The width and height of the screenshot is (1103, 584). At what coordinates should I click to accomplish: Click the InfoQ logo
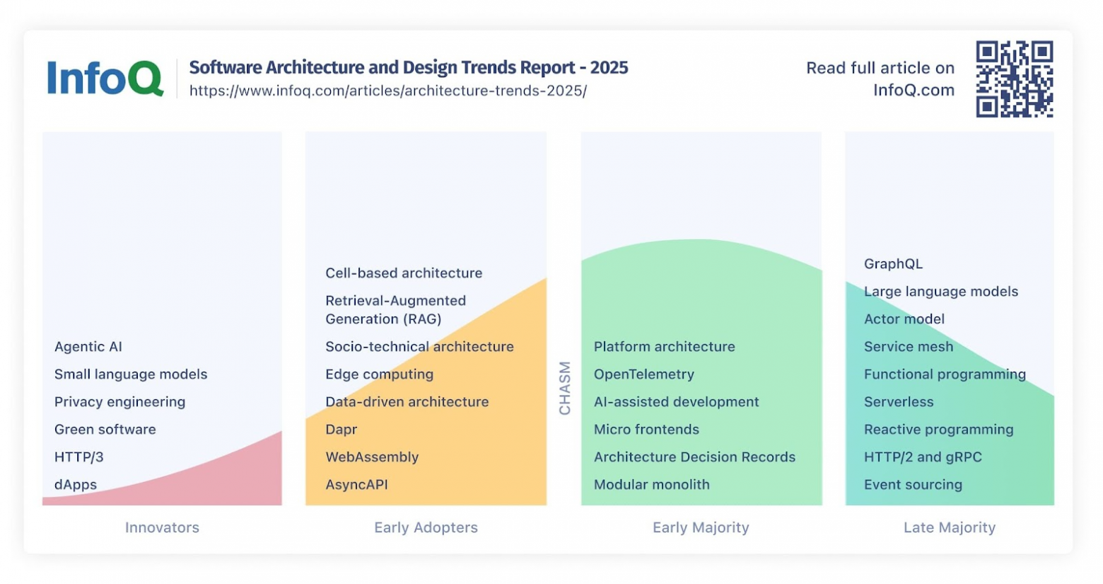105,78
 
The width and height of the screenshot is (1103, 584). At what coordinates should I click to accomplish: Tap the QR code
1014,79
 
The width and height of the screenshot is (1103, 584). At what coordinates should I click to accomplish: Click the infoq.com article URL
387,91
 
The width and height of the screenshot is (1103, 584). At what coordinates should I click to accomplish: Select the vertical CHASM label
564,388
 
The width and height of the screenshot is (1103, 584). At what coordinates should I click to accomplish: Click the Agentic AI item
88,347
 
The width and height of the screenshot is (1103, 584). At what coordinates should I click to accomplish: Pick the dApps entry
76,485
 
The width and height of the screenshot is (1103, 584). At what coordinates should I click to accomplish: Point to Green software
105,430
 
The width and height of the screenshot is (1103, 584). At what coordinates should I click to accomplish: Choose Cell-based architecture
404,273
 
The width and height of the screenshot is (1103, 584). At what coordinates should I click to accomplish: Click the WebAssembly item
372,457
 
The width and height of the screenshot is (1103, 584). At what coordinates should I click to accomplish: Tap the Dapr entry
341,430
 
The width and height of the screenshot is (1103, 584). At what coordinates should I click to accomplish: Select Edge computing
379,374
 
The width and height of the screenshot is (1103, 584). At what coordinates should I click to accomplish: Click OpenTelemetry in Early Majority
643,374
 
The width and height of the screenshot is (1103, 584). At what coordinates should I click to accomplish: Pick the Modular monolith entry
651,485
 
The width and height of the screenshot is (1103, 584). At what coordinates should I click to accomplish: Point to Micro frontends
646,430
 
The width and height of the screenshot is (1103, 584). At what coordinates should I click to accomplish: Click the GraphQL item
893,264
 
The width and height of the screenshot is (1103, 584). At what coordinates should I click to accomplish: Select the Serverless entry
899,402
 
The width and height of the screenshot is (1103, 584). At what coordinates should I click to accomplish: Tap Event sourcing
913,485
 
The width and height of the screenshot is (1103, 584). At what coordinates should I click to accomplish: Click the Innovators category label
162,527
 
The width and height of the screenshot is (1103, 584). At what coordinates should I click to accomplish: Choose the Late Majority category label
949,527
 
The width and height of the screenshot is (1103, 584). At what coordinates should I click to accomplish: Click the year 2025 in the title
609,68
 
